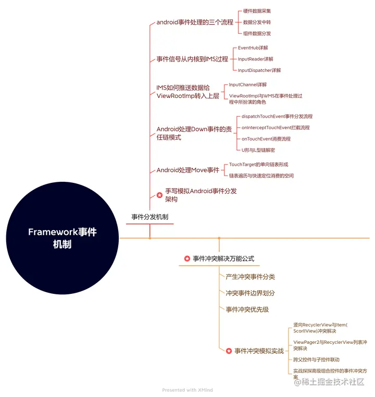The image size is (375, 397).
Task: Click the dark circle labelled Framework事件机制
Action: click(x=62, y=238)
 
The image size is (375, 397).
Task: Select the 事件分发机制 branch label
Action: click(x=149, y=217)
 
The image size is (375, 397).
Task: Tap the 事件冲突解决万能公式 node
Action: click(x=223, y=258)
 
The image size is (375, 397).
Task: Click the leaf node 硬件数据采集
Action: click(x=257, y=11)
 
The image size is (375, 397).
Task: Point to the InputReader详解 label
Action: click(x=255, y=59)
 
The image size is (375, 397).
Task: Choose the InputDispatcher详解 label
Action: click(x=259, y=70)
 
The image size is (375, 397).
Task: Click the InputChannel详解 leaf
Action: click(x=247, y=84)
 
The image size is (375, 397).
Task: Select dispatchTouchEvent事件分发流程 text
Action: click(x=277, y=116)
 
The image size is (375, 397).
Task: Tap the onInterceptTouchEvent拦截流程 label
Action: click(x=275, y=128)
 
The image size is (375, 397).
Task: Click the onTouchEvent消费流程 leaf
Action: click(x=266, y=139)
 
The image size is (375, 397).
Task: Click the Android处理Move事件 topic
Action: click(x=188, y=170)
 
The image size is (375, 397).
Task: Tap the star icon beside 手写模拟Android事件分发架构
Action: click(x=159, y=195)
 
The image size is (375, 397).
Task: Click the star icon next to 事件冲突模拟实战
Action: click(x=229, y=351)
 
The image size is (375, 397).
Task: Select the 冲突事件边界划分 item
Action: click(x=250, y=293)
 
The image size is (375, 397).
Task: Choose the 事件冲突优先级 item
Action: click(x=247, y=309)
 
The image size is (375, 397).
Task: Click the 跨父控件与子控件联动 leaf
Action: click(x=316, y=359)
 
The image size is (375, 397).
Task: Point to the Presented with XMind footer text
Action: click(x=187, y=390)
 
